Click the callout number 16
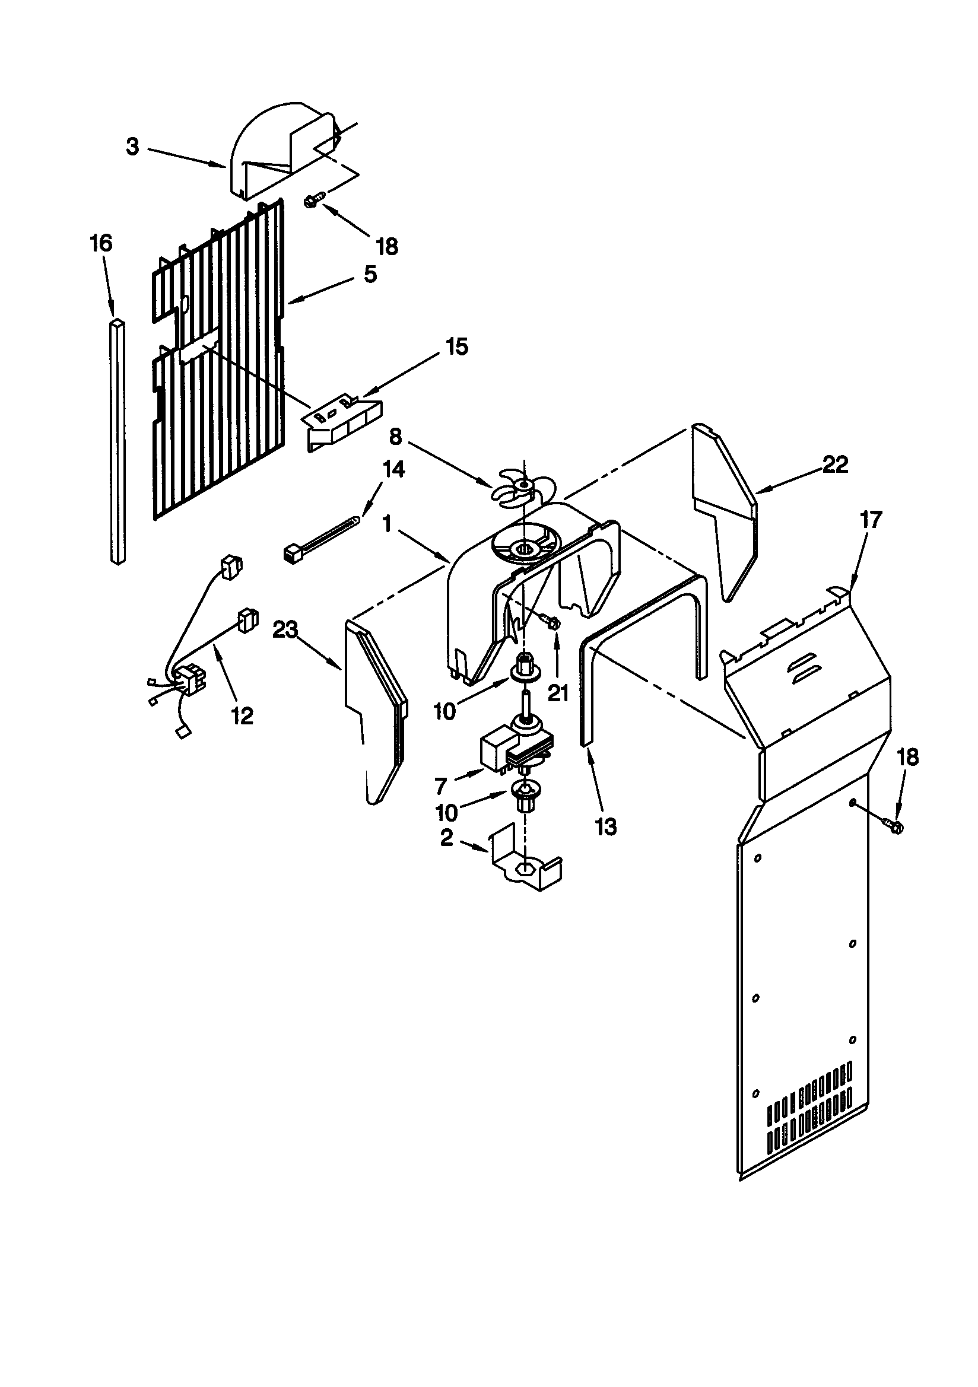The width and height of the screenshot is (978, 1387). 101,243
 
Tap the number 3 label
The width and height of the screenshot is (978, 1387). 133,147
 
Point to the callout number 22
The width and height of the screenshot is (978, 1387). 836,465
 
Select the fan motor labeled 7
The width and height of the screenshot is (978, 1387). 514,747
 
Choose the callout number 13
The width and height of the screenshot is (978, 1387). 605,826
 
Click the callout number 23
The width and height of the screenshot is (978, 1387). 285,630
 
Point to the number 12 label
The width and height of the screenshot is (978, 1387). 242,717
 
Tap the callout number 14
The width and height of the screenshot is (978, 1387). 393,469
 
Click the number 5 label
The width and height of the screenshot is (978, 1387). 370,274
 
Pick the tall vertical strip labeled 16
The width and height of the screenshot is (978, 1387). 119,441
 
